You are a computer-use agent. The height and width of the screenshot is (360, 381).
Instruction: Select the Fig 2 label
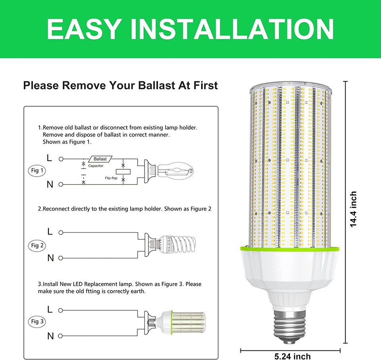[37, 245]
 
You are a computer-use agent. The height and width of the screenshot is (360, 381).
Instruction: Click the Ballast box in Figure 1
[100, 159]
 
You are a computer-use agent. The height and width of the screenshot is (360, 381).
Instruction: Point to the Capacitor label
[96, 166]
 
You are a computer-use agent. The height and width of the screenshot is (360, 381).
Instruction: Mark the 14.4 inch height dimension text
[353, 210]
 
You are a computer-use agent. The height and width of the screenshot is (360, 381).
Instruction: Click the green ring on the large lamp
[290, 250]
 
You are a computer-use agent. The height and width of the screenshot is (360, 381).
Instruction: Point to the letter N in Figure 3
[50, 336]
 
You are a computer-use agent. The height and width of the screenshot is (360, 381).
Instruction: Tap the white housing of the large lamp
[290, 274]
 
